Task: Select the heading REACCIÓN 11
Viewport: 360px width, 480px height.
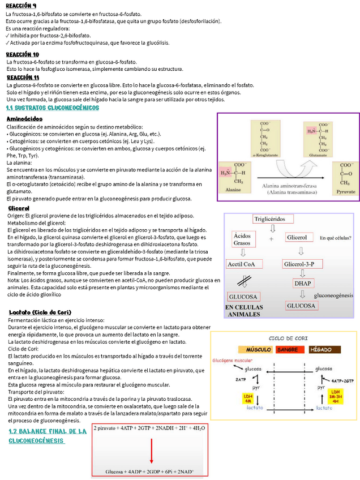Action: pyautogui.click(x=23, y=77)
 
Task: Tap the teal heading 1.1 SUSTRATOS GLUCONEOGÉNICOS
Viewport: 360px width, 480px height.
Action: pyautogui.click(x=52, y=108)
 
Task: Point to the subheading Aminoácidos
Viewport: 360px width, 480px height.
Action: pyautogui.click(x=24, y=119)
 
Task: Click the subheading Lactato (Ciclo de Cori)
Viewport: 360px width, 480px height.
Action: pyautogui.click(x=40, y=312)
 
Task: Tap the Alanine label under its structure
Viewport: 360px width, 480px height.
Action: pyautogui.click(x=233, y=191)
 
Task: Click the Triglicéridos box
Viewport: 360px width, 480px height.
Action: pyautogui.click(x=273, y=219)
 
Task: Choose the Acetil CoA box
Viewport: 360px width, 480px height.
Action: pyautogui.click(x=242, y=264)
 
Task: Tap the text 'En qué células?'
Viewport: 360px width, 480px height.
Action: pyautogui.click(x=336, y=238)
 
